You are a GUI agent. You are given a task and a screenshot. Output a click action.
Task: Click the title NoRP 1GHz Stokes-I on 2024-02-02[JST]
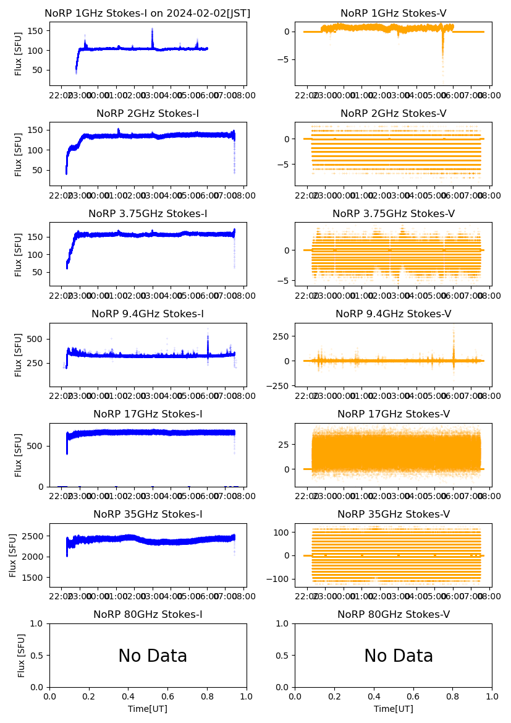pyautogui.click(x=147, y=13)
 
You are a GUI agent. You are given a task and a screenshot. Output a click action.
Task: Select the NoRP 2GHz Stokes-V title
pyautogui.click(x=393, y=113)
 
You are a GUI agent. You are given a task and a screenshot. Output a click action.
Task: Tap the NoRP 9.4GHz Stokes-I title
pyautogui.click(x=147, y=314)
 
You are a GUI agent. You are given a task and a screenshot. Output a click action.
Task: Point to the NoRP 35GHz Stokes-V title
pyautogui.click(x=393, y=514)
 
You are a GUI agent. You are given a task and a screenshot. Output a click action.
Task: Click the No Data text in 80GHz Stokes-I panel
pyautogui.click(x=153, y=656)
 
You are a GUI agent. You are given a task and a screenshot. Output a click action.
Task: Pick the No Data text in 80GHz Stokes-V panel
pyautogui.click(x=398, y=656)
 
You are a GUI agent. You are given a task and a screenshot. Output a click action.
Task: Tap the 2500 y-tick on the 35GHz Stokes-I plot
pyautogui.click(x=35, y=536)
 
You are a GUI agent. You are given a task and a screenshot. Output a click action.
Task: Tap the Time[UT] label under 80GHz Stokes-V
pyautogui.click(x=393, y=709)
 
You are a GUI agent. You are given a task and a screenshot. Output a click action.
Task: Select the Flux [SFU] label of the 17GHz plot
pyautogui.click(x=19, y=455)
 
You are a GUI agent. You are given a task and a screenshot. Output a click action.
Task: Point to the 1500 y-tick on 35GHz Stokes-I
pyautogui.click(x=35, y=578)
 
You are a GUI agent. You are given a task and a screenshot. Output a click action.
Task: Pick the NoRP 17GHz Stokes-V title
pyautogui.click(x=393, y=414)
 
